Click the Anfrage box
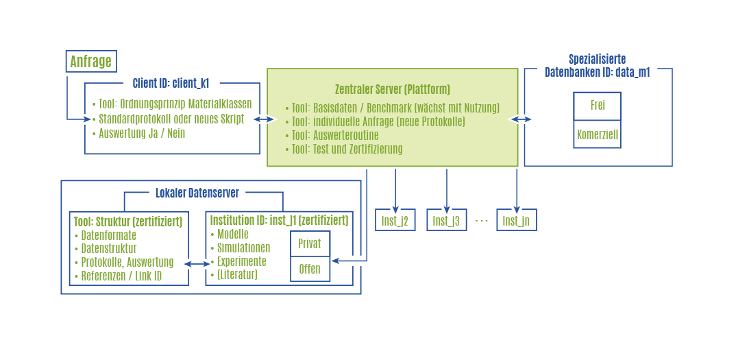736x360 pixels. click(x=90, y=62)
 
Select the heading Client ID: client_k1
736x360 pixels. click(x=171, y=84)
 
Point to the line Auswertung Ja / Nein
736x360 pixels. click(x=142, y=133)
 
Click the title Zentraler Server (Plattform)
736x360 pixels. click(x=392, y=89)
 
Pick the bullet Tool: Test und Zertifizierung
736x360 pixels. click(x=347, y=149)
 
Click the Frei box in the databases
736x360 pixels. click(x=597, y=106)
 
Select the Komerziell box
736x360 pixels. click(x=597, y=135)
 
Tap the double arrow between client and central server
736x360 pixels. click(x=263, y=119)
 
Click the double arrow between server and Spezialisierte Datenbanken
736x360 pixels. click(x=520, y=119)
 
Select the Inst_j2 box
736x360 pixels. click(x=395, y=220)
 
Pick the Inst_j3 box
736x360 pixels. click(x=446, y=220)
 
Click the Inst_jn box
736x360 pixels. click(x=516, y=220)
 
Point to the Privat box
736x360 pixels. click(x=310, y=244)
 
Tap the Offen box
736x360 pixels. click(x=310, y=269)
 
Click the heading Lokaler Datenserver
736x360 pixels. click(x=197, y=193)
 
